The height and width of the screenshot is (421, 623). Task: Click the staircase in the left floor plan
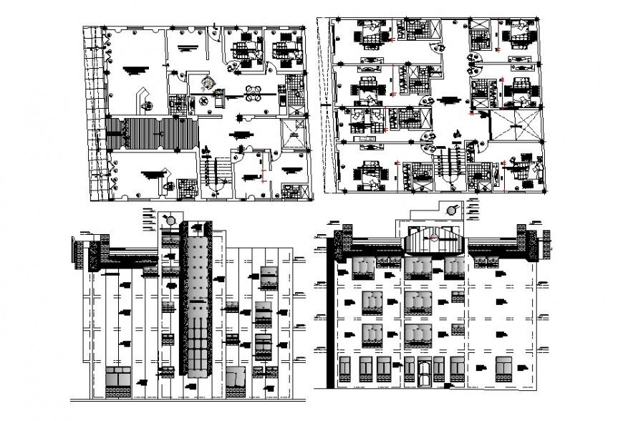point(215,170)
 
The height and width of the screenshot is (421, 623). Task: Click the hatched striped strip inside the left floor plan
point(152,134)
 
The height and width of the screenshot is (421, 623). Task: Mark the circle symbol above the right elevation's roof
point(452,210)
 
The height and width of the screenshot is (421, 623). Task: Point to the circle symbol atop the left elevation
point(170,219)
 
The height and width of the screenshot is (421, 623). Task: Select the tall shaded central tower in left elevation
point(195,308)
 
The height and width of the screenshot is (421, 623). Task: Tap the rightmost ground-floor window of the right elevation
point(504,369)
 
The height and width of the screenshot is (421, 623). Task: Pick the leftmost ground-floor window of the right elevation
point(346,369)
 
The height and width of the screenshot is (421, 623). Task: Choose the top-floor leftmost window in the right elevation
point(364,267)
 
